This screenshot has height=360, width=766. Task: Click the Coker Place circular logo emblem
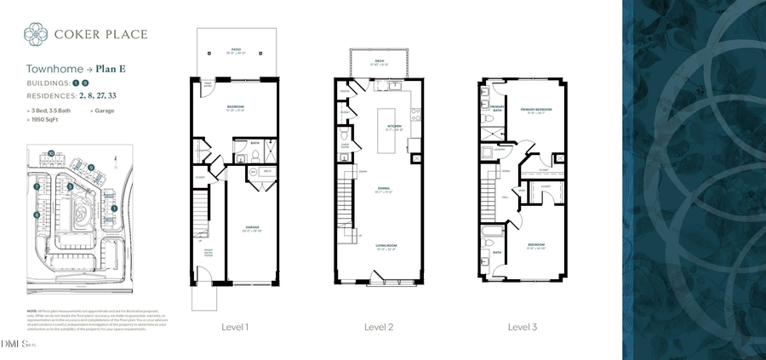(36, 34)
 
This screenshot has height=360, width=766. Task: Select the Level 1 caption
(235, 326)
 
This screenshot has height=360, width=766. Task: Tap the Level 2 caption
(379, 326)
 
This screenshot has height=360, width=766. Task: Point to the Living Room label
(386, 247)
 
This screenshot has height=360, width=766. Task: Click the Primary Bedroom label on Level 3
(536, 110)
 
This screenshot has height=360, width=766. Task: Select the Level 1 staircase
(200, 213)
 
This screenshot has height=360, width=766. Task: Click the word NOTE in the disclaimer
(31, 312)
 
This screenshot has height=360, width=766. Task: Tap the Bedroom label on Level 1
(235, 108)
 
